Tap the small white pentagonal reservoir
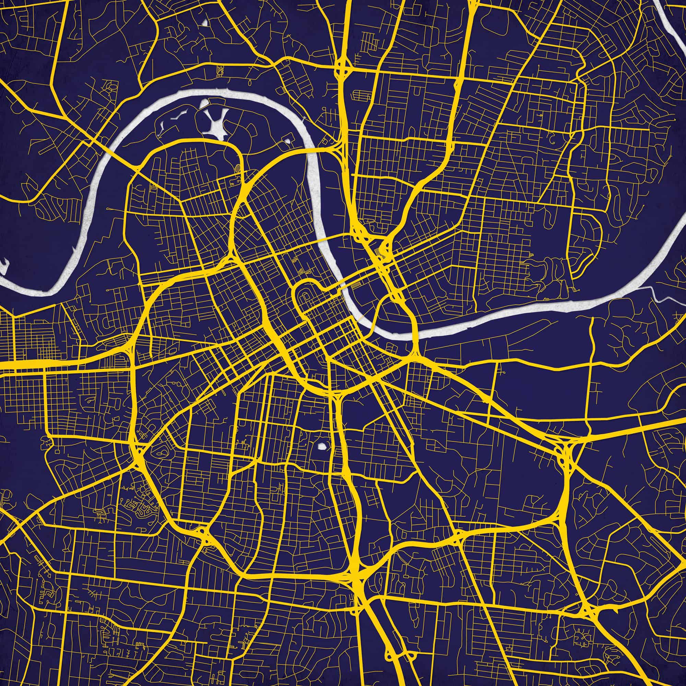(x=322, y=446)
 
